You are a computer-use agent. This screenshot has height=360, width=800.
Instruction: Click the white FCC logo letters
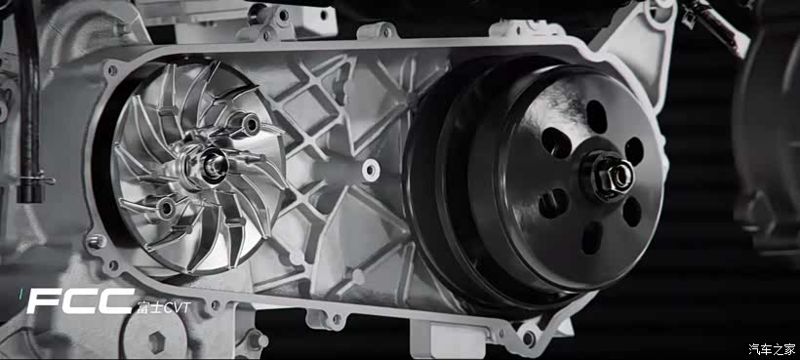pos(81,300)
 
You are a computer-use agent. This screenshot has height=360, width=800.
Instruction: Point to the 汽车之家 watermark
pos(772,349)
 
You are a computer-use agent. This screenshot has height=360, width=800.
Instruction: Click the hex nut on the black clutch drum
pos(615,176)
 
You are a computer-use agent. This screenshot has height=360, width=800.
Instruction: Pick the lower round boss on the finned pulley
pos(166,208)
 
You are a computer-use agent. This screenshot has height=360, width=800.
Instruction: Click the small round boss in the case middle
pos(371,170)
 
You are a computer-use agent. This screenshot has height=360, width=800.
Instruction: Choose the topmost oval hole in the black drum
pos(596,116)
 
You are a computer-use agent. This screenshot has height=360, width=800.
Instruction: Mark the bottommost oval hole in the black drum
pos(592,238)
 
